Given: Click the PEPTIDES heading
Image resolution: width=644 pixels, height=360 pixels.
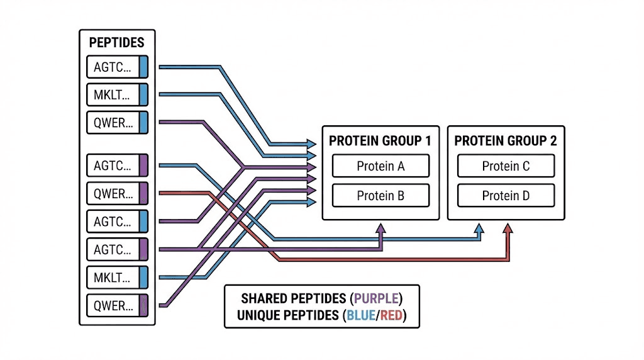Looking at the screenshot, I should pos(116,43).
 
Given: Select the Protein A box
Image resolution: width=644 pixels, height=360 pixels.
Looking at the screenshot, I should pos(380,166).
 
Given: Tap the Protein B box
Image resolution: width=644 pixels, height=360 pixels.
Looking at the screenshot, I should pos(380,196).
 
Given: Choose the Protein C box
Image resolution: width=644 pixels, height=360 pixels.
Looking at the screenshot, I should pos(506,166).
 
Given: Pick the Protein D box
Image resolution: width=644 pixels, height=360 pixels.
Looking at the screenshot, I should pos(506,196).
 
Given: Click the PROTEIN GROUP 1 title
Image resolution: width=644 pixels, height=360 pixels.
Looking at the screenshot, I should pos(380,140).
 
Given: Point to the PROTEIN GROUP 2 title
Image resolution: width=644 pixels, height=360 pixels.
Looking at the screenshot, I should pos(506,140).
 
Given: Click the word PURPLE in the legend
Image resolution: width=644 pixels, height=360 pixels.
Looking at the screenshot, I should pos(376,298).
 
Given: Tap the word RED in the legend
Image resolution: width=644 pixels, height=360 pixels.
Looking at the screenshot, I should pos(391,315).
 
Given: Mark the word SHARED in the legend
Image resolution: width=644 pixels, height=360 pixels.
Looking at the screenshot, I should pos(263,298).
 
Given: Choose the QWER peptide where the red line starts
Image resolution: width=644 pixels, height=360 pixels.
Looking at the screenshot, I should pos(116,193).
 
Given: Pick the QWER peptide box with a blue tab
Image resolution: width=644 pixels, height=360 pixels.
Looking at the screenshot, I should pos(116,122).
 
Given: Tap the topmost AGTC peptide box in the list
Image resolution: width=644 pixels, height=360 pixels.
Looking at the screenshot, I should pos(116,67).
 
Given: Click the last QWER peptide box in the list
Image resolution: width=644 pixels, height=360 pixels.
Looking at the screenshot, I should pos(116,306).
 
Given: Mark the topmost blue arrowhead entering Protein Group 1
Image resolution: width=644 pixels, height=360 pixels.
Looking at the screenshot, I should pos(311,143).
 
